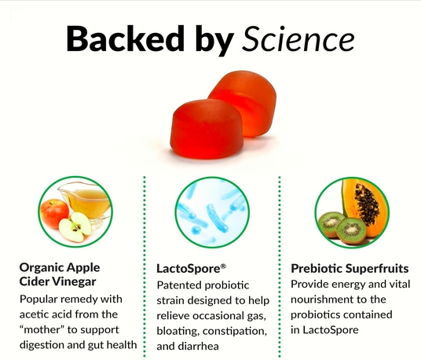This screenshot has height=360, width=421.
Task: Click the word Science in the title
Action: click(298, 39)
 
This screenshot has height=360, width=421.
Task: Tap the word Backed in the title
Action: click(126, 39)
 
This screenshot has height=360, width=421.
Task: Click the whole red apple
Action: click(54, 214)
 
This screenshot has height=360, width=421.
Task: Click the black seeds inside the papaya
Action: click(366, 205)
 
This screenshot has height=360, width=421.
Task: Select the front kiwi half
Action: click(351, 230)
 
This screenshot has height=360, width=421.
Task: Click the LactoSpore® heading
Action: click(191, 268)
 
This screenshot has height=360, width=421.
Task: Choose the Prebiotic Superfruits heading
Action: click(350, 268)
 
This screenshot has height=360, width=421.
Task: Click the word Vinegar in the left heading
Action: click(74, 281)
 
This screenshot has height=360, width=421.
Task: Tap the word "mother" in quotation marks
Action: click(42, 329)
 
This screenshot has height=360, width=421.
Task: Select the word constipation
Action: click(235, 331)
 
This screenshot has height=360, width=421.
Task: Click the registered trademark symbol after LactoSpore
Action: click(223, 266)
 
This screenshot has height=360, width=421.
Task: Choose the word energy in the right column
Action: click(348, 285)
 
